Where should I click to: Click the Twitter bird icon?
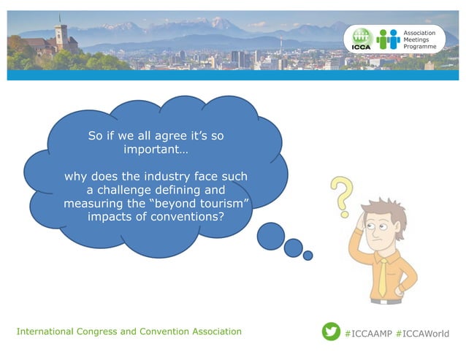pos(331,332)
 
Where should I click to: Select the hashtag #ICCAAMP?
pos(367,333)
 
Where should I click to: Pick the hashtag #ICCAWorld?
pos(423,333)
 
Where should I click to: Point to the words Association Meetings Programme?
pos(420,39)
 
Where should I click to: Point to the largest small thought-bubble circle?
pos(271,235)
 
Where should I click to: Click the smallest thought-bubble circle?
pos(308,256)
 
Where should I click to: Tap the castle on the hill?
pos(60,36)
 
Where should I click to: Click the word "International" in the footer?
pos(45,332)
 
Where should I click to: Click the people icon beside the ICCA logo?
pos(389,39)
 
